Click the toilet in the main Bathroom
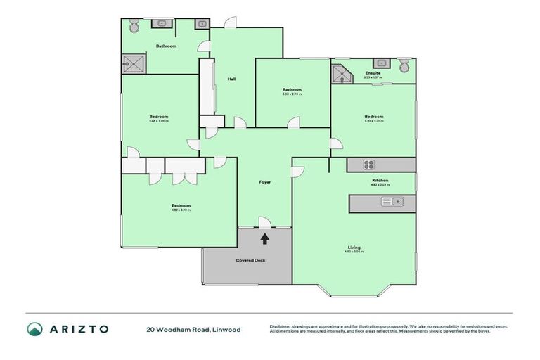(x=134, y=25)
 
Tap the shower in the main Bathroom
(x=135, y=65)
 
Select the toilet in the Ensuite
(x=404, y=66)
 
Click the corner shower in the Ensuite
(x=340, y=74)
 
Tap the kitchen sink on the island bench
(x=392, y=202)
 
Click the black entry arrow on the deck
(x=264, y=238)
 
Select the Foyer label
(x=264, y=182)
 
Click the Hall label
(x=231, y=79)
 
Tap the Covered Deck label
(x=247, y=261)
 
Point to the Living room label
(x=354, y=247)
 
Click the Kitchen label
(x=380, y=181)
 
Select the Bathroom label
(x=166, y=46)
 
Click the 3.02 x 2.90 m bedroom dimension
(x=292, y=94)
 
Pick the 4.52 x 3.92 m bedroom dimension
(x=181, y=210)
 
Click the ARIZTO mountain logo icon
(x=35, y=329)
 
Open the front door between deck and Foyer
(x=264, y=224)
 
